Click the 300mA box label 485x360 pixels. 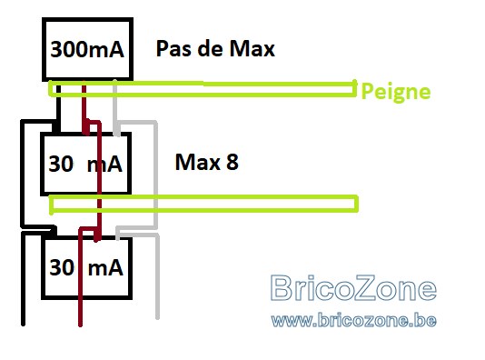(x=87, y=49)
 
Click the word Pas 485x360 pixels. (x=173, y=48)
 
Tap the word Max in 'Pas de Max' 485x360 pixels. (x=252, y=48)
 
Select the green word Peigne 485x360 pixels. (x=396, y=92)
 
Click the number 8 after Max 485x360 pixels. (x=233, y=162)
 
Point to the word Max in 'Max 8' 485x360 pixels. (x=198, y=162)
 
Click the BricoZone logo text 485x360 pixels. (x=353, y=288)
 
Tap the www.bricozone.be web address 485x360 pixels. (x=354, y=320)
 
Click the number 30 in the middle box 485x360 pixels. (x=61, y=164)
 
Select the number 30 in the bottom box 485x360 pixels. (x=62, y=267)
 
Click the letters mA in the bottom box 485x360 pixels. (x=105, y=268)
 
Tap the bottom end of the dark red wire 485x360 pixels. (x=80, y=325)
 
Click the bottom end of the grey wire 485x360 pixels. (x=157, y=317)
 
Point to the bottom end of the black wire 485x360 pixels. (x=23, y=324)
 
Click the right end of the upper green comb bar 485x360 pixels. (x=355, y=89)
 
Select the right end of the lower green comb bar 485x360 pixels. (x=357, y=204)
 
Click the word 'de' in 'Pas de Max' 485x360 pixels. (x=211, y=48)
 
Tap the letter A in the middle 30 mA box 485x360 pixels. (x=115, y=164)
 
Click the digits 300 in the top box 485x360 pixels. (x=64, y=49)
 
